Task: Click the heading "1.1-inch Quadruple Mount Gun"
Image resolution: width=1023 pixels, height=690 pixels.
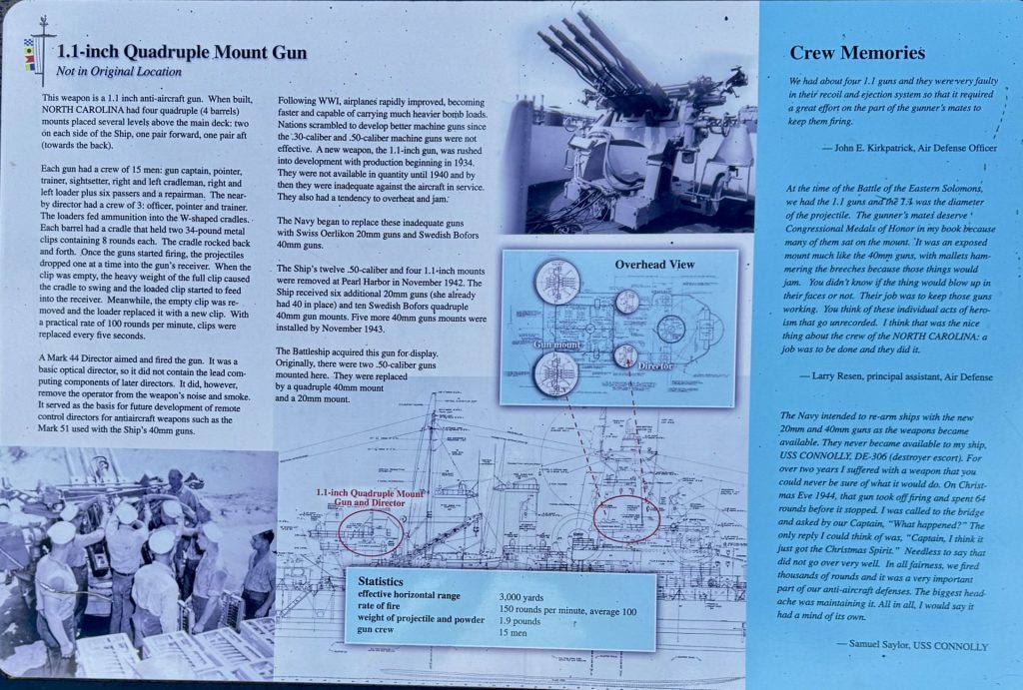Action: [x=181, y=53]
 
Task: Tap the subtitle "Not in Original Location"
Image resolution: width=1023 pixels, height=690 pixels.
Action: [x=119, y=72]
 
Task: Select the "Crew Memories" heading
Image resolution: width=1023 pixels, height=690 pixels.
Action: [x=857, y=53]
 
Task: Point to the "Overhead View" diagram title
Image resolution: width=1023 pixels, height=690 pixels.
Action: [x=655, y=266]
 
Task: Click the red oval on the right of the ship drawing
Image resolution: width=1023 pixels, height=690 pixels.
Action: [x=625, y=519]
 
